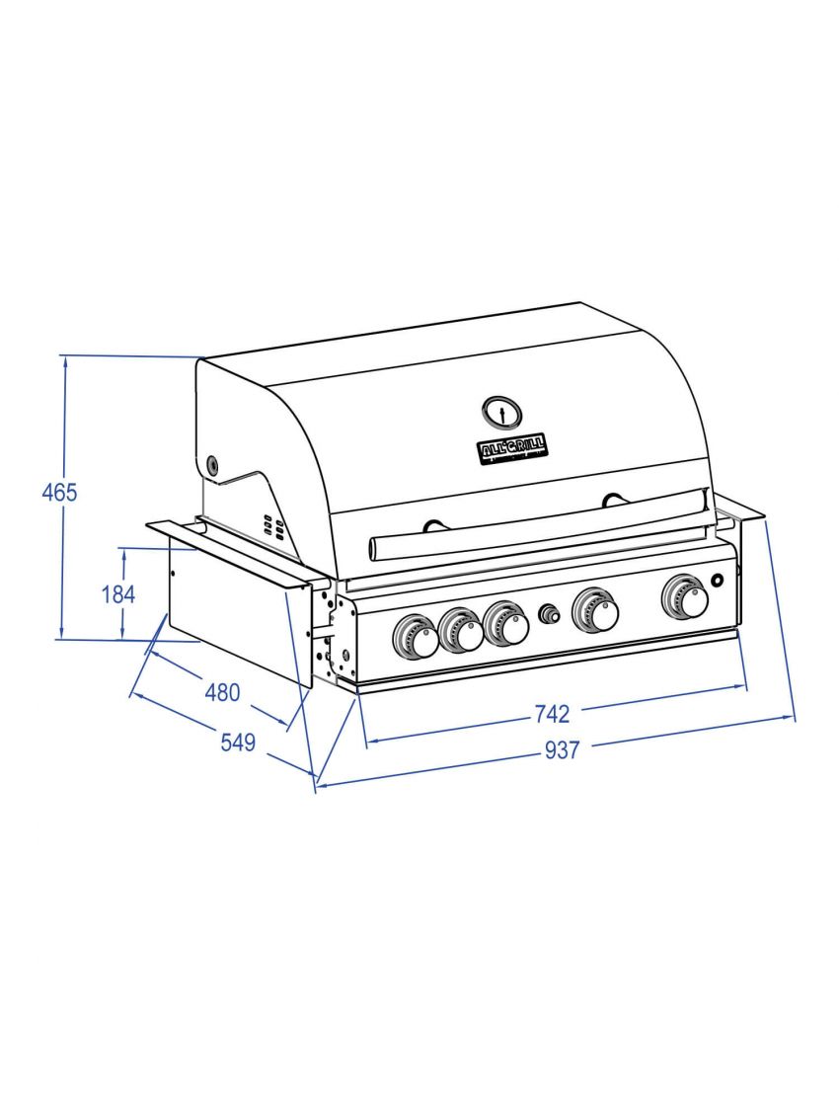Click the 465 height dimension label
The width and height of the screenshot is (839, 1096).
pyautogui.click(x=59, y=492)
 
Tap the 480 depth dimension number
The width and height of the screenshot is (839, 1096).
pyautogui.click(x=221, y=692)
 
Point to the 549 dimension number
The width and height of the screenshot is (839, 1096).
pyautogui.click(x=238, y=743)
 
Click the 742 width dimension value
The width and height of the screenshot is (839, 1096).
pyautogui.click(x=553, y=713)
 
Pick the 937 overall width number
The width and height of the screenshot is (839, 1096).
pyautogui.click(x=562, y=751)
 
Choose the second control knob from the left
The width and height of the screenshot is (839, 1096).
pyautogui.click(x=462, y=631)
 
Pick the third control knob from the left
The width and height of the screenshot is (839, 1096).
pyautogui.click(x=507, y=624)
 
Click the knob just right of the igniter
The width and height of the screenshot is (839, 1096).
pyautogui.click(x=597, y=610)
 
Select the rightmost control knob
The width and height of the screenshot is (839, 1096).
pyautogui.click(x=686, y=595)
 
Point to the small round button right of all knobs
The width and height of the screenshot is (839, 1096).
pyautogui.click(x=719, y=579)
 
